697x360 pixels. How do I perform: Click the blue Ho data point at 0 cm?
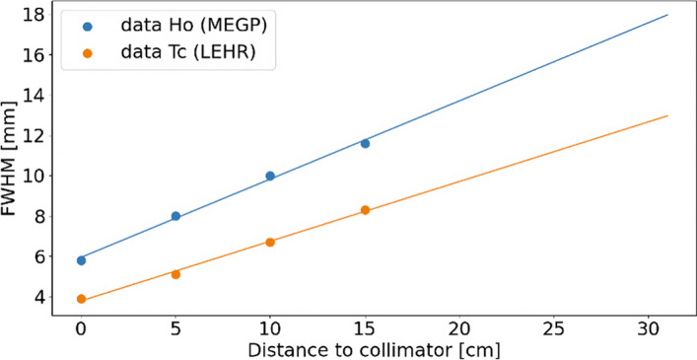(x=81, y=260)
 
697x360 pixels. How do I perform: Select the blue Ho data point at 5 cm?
(x=175, y=216)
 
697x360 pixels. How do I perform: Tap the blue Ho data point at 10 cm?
(x=270, y=176)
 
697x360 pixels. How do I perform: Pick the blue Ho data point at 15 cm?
(x=365, y=144)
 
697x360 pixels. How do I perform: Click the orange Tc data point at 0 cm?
(x=81, y=299)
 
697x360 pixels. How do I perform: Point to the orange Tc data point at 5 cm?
(x=175, y=274)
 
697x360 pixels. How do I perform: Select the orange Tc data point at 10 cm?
(x=270, y=243)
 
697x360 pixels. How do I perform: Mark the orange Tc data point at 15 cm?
(x=365, y=210)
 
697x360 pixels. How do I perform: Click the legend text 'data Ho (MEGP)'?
(x=194, y=27)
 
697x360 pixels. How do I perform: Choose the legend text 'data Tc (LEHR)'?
(x=188, y=53)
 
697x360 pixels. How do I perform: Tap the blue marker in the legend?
(x=88, y=27)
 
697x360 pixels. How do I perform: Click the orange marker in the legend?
(x=88, y=53)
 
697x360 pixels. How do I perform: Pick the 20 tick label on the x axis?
(x=459, y=330)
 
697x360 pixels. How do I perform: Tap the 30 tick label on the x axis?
(x=649, y=330)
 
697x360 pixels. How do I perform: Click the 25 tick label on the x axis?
(x=554, y=330)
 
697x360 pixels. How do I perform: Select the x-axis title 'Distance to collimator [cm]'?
(x=374, y=351)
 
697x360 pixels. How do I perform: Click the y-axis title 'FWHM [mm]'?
(x=9, y=159)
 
